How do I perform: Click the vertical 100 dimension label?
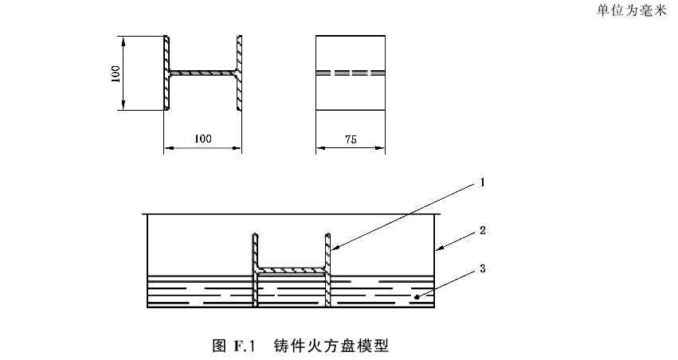(x=116, y=74)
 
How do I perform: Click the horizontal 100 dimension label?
(x=203, y=139)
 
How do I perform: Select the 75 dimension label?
(x=351, y=139)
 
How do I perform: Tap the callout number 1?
(x=483, y=182)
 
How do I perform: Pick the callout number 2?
(x=483, y=230)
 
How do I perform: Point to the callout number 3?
(x=483, y=269)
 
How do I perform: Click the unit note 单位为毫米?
(x=632, y=10)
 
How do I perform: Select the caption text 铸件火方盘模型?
(x=331, y=346)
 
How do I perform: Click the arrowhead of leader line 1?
(x=335, y=248)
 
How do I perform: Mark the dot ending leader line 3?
(x=417, y=297)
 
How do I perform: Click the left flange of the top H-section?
(x=167, y=73)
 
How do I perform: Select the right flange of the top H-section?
(x=239, y=73)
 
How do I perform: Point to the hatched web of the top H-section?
(x=203, y=73)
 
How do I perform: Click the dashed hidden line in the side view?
(x=351, y=73)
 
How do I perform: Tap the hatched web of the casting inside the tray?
(x=292, y=271)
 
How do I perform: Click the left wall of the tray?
(x=147, y=260)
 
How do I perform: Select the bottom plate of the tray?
(x=291, y=306)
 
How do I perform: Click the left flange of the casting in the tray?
(x=255, y=270)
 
